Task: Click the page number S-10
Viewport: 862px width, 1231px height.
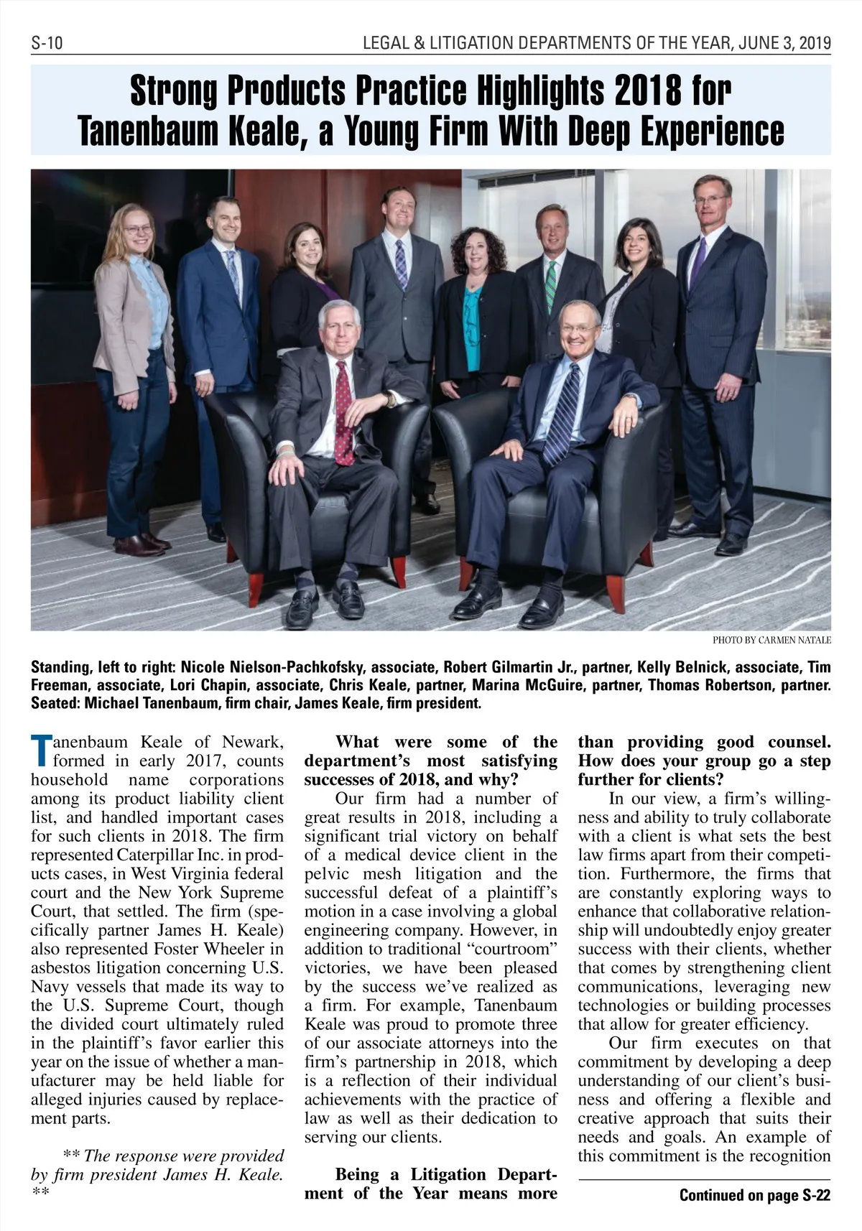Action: pos(47,43)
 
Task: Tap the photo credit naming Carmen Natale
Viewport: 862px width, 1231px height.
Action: pos(771,639)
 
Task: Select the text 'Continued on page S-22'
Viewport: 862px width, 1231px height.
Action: pos(754,1195)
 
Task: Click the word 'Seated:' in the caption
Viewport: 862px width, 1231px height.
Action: pos(55,702)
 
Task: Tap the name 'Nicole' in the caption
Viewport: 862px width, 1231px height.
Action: pos(205,666)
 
